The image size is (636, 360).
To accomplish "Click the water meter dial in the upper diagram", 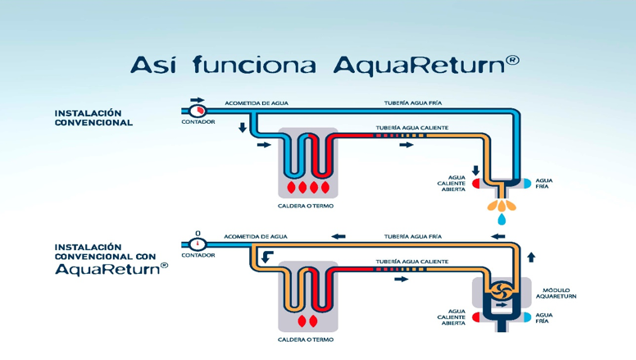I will point(198,111).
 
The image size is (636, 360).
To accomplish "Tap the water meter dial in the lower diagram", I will point(198,244).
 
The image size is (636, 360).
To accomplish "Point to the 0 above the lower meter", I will point(198,234).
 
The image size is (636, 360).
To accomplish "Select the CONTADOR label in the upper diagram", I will point(198,122).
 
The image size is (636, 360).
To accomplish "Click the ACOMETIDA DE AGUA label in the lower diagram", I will point(256,236).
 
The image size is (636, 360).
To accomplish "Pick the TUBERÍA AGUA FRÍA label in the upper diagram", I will point(413,103).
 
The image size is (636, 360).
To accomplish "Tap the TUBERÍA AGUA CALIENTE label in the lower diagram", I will point(412,262).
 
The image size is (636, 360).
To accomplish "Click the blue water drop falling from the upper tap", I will point(500,219).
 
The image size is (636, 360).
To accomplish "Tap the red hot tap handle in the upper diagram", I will point(476,184).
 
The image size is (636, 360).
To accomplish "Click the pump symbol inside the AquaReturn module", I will point(500,290).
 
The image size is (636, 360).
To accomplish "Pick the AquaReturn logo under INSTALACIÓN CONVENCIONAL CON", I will point(111,269).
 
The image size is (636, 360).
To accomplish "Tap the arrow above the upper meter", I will point(198,100).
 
